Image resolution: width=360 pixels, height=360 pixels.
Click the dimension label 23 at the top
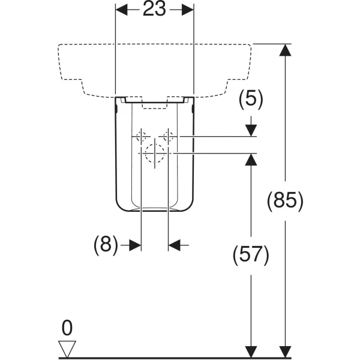coord(154,9)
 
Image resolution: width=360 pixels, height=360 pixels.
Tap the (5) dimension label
coord(251,100)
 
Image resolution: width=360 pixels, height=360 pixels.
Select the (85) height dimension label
coord(285,201)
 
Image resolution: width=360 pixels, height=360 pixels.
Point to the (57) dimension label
coord(251,256)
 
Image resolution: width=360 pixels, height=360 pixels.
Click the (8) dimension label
coord(106,245)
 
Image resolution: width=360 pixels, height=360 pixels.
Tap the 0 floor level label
coord(67,328)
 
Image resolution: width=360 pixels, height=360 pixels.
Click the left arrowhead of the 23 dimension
coord(121,10)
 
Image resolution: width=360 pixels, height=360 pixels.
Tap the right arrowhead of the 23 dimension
coord(188,10)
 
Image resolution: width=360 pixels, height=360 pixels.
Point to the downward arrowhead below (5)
coord(251,131)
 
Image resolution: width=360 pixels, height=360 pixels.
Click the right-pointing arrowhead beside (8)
coord(135,245)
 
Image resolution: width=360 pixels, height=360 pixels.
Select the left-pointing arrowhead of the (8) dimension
coord(174,245)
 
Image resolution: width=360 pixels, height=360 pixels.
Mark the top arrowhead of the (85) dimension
coord(285,50)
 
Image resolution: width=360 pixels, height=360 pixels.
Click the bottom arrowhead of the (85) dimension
coord(285,352)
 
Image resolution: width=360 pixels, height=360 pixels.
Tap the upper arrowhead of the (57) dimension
coord(251,160)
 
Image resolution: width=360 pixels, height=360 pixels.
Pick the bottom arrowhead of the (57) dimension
coord(251,352)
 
